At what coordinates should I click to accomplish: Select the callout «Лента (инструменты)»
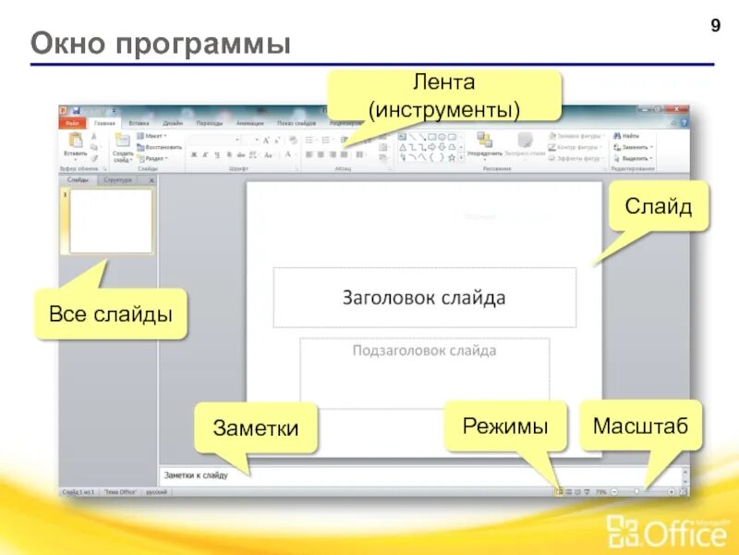(444, 95)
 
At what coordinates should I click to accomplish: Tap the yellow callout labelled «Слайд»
(658, 205)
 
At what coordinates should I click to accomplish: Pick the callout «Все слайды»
(111, 314)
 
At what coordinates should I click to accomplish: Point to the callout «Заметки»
(256, 428)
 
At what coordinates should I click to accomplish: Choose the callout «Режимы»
(505, 426)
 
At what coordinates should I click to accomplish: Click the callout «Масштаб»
(641, 426)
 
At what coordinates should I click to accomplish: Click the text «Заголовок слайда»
(424, 298)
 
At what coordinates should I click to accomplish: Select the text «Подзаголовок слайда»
(424, 351)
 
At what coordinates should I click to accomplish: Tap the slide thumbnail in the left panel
(111, 221)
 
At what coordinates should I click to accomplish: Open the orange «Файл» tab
(72, 122)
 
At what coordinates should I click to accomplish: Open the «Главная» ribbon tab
(105, 122)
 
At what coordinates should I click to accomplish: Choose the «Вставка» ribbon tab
(139, 122)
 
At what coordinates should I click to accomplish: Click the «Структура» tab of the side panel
(117, 180)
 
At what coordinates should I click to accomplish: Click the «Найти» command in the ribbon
(631, 135)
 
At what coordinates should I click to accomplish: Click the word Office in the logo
(664, 534)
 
